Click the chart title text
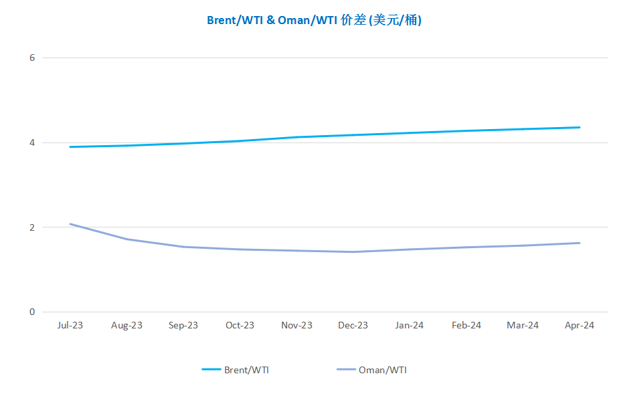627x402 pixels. pos(314,20)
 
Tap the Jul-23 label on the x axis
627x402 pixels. pos(70,326)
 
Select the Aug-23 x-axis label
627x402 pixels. pos(126,326)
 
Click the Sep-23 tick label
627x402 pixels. pos(183,326)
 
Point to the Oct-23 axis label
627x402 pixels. pos(240,326)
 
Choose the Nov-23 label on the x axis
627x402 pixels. pos(296,326)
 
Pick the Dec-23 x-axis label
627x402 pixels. pos(353,326)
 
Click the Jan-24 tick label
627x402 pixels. pos(410,326)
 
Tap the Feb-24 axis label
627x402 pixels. pos(466,326)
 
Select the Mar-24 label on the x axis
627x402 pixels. pos(523,326)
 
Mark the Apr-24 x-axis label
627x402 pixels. pos(579,326)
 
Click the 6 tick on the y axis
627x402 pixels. pos(31,58)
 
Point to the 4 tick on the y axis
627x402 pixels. pos(31,142)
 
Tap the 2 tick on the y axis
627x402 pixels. pos(31,227)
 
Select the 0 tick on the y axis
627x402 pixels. pos(31,312)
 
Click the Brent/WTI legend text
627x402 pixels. pos(246,370)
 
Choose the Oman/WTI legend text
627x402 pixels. pos(382,370)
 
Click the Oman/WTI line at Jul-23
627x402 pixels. pos(70,224)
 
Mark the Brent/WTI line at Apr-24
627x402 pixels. pos(579,127)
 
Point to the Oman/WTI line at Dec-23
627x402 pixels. pos(353,252)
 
